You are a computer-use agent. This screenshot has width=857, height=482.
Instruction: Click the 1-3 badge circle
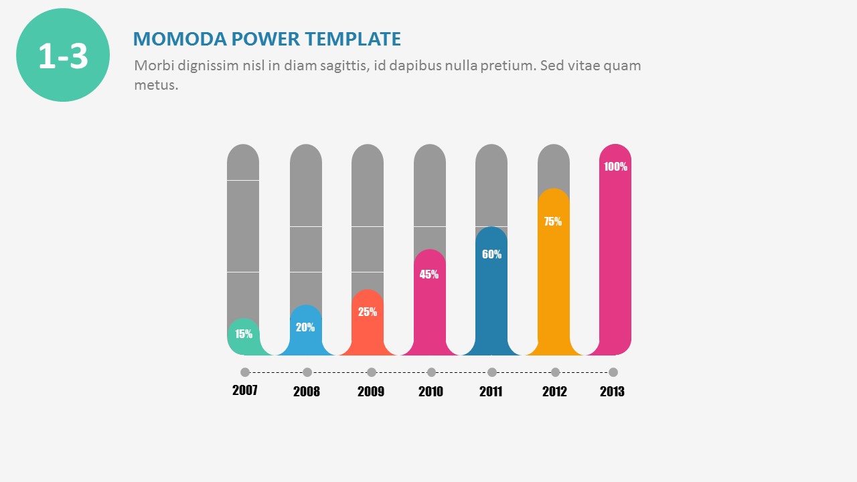tap(63, 55)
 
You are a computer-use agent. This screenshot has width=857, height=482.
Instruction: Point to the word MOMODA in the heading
tap(179, 39)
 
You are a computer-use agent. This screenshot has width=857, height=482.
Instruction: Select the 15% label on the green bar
tap(244, 334)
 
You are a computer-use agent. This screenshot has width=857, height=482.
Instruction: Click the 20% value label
tap(305, 327)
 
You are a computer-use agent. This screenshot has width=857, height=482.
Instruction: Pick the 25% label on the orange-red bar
tap(368, 311)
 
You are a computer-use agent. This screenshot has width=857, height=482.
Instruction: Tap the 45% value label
tap(429, 274)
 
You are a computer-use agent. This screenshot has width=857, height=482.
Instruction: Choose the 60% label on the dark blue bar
tap(491, 254)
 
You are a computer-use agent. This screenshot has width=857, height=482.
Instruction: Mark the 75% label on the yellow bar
tap(553, 222)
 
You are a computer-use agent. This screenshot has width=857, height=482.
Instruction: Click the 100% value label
tap(615, 167)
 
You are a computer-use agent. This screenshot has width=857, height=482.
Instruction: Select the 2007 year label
tap(245, 390)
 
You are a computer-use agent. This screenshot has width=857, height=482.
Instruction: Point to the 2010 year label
tap(431, 392)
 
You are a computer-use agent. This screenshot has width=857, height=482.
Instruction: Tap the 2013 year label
tap(612, 392)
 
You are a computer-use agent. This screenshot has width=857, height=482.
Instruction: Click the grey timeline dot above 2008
tap(307, 372)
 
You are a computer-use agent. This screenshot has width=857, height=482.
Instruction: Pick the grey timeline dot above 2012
tap(555, 372)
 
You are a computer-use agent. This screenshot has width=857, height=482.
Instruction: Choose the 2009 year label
tap(371, 392)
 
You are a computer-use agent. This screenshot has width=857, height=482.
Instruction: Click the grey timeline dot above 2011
tap(492, 372)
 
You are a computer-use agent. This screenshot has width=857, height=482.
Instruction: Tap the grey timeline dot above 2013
tap(613, 372)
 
